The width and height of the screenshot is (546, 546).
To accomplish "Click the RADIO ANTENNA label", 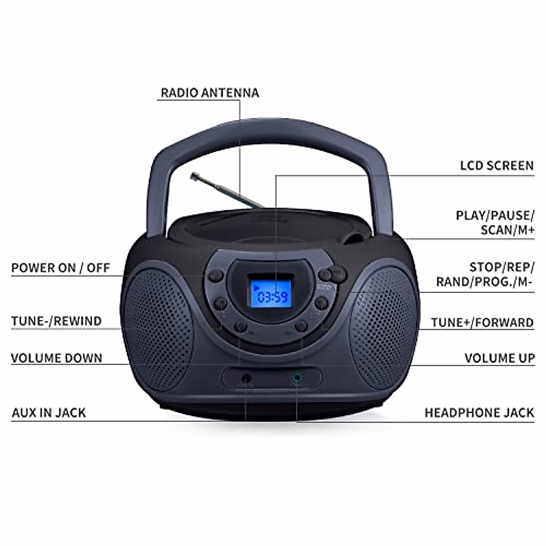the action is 210,93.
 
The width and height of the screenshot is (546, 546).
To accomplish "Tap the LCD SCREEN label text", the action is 497,166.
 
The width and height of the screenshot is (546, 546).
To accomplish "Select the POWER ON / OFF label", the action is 61,268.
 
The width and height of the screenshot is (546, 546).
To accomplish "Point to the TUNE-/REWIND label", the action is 56,321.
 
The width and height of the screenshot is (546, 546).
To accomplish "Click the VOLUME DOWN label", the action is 56,358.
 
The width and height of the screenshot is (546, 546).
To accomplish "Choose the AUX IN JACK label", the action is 49,413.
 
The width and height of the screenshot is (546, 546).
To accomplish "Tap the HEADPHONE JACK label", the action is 479,413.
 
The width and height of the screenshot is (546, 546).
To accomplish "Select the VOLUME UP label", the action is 500,358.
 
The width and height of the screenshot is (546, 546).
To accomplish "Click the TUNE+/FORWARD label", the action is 482,323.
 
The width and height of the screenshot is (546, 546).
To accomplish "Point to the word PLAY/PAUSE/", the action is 495,215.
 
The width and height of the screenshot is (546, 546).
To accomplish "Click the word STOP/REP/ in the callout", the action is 502,267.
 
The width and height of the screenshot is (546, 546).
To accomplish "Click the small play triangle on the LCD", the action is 257,287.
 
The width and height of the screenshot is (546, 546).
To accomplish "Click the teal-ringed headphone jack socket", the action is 297,378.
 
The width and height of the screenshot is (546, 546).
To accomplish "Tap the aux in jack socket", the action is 246,378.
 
